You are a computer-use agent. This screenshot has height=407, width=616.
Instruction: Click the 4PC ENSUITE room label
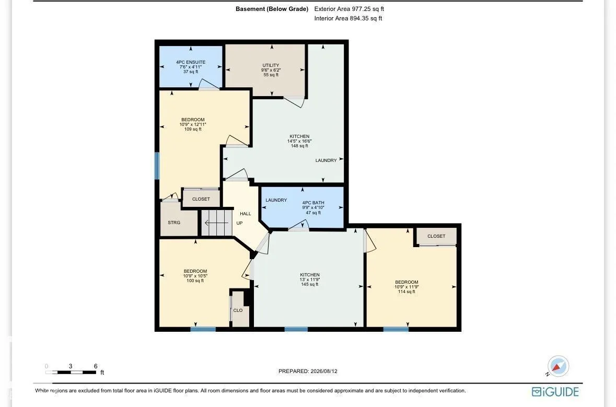point(191,63)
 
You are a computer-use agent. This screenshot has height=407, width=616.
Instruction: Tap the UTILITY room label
point(271,65)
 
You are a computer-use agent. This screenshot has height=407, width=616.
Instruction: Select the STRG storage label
point(174,223)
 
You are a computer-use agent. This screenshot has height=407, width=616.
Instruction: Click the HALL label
point(246,214)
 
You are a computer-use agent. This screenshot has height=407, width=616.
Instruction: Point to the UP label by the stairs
point(239,223)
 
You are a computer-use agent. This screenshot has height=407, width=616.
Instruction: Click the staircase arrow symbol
point(216,223)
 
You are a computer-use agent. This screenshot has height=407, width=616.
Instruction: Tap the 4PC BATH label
point(313,203)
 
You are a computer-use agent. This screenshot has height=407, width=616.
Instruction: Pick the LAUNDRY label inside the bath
point(276,200)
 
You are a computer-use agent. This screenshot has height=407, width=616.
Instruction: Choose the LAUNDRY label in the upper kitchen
point(326,160)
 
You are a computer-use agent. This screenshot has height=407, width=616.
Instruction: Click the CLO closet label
point(238,310)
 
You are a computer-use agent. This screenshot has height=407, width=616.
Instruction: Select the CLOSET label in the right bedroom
point(436,236)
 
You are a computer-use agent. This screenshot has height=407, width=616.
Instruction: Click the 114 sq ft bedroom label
point(406,292)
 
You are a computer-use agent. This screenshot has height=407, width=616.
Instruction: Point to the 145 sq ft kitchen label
point(310,284)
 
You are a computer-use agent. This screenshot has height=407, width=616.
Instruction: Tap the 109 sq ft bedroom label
point(193,129)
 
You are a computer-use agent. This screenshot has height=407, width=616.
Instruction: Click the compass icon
point(558,366)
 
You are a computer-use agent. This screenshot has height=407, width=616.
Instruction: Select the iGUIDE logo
point(555,392)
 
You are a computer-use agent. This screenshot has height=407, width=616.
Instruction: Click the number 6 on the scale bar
point(96,366)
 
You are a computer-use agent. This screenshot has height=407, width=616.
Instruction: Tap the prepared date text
point(308,371)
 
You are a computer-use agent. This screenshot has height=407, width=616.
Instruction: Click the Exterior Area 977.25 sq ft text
point(349,9)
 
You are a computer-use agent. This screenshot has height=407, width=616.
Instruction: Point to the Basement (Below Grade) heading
point(272,9)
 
